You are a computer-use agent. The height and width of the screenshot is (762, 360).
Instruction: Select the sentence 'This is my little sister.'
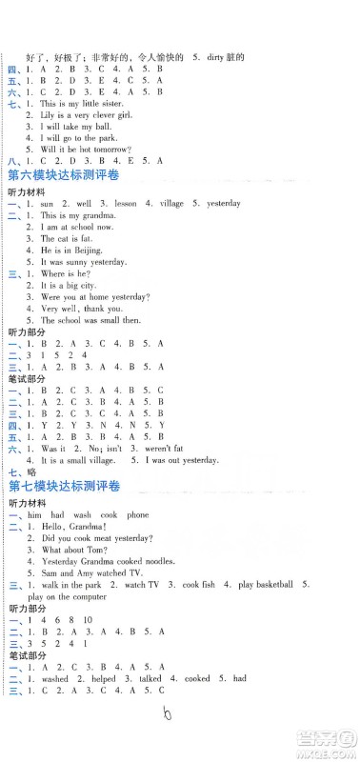[84, 102]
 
